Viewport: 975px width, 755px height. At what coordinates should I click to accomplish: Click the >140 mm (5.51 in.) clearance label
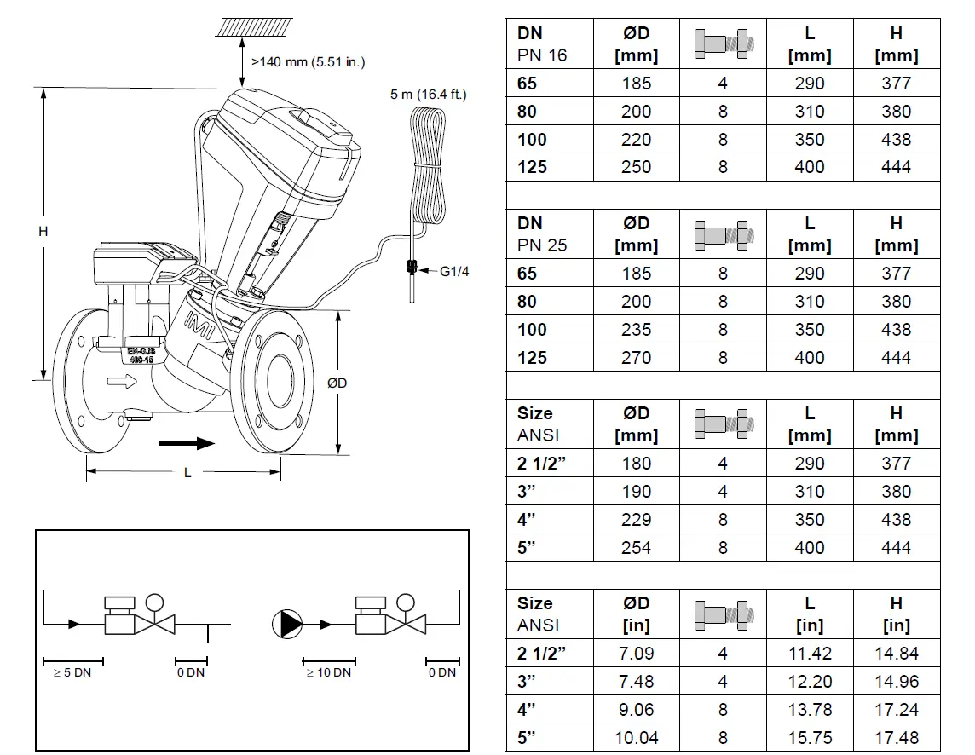[x=308, y=62]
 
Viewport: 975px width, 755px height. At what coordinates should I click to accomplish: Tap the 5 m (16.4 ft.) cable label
[x=428, y=95]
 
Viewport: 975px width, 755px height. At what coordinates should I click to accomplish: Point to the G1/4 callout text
[x=455, y=272]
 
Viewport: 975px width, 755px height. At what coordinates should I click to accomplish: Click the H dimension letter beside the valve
[x=43, y=232]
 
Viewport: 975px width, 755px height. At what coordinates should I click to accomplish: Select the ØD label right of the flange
[x=337, y=383]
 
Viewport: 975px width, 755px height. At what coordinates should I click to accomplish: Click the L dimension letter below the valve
[x=187, y=473]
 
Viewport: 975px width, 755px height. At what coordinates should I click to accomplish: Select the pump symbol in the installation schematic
[x=287, y=625]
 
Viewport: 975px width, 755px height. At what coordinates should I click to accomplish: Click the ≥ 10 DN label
[x=328, y=672]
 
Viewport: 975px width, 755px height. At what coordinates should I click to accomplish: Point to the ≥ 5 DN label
[x=72, y=672]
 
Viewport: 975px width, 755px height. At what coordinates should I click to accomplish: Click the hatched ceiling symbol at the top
[x=253, y=26]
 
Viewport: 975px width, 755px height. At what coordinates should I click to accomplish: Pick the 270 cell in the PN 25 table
[x=636, y=358]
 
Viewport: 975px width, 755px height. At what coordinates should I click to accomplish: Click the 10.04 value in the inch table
[x=636, y=737]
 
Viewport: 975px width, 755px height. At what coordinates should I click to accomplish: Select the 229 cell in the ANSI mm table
[x=636, y=520]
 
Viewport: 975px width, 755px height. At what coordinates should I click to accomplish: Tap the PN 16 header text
[x=541, y=56]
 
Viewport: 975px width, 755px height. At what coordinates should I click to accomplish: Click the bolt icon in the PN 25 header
[x=723, y=233]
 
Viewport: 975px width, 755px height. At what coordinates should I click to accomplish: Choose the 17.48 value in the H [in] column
[x=896, y=737]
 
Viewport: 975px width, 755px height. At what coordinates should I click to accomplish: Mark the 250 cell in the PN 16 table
[x=636, y=167]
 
